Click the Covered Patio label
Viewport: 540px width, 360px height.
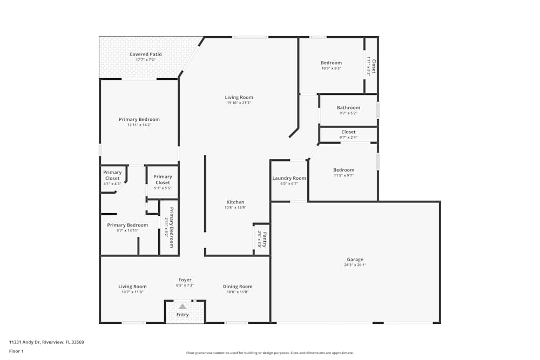click(145, 55)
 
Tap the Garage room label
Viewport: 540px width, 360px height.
click(355, 260)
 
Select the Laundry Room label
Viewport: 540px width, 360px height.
click(289, 178)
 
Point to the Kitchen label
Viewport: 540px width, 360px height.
click(235, 202)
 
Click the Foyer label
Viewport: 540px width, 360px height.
click(185, 280)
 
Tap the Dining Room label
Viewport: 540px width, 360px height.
click(238, 287)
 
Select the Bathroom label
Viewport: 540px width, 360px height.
click(348, 107)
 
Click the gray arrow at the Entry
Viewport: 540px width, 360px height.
click(182, 306)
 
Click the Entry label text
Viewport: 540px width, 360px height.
click(183, 315)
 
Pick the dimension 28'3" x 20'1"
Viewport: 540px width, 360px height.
click(355, 265)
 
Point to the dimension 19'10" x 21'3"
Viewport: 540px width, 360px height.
click(239, 103)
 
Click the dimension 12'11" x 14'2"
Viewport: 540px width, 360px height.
click(139, 125)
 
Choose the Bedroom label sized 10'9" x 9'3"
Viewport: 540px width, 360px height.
click(331, 63)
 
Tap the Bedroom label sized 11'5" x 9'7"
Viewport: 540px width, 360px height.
click(343, 170)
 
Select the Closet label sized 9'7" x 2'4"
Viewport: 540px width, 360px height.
click(348, 132)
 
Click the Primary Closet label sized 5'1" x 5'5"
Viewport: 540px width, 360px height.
click(163, 179)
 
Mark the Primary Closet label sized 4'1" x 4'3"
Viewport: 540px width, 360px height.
click(112, 175)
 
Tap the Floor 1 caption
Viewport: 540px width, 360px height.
click(16, 351)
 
